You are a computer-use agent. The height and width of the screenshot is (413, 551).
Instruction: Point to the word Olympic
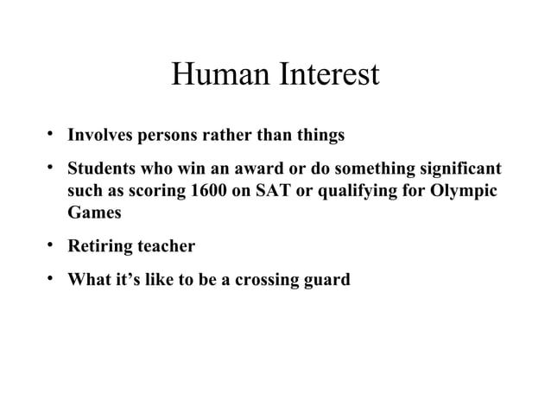(465, 191)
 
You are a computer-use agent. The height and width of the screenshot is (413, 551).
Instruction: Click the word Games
(94, 213)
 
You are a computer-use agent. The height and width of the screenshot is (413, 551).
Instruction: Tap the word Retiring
(99, 247)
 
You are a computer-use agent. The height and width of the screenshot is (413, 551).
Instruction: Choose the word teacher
(165, 246)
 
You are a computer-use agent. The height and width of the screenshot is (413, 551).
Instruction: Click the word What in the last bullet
(89, 279)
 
